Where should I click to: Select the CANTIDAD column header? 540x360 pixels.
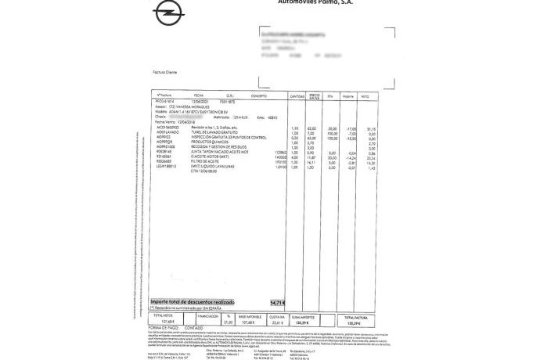pos(298,95)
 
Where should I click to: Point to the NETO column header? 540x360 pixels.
pos(365,95)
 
